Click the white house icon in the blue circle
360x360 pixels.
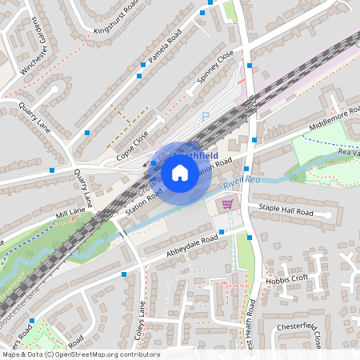tap(180, 172)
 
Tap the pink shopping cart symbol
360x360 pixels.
tap(228, 204)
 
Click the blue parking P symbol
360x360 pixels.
tap(205, 116)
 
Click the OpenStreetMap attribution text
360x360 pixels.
tap(80, 354)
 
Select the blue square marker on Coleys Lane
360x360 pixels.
tap(125, 274)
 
